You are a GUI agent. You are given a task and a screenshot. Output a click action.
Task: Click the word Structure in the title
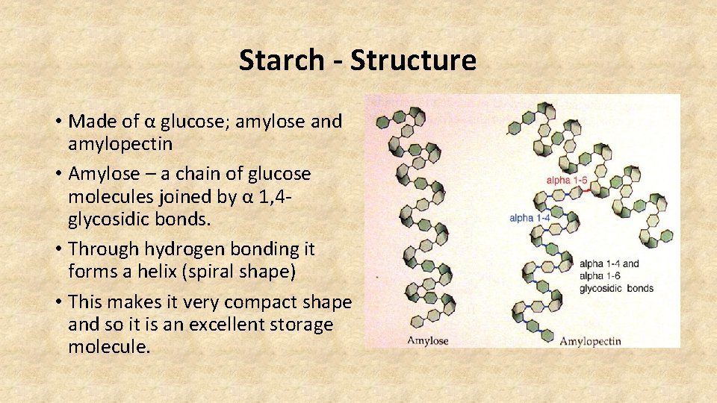(412, 60)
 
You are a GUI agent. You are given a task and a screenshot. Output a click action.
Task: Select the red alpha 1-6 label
(567, 180)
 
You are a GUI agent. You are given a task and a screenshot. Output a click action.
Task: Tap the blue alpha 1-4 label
(530, 218)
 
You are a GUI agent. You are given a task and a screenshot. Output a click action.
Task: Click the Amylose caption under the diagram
(427, 340)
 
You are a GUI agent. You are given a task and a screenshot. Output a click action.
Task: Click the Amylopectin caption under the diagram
(590, 340)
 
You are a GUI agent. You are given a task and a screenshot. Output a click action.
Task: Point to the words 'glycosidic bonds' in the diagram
(616, 288)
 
